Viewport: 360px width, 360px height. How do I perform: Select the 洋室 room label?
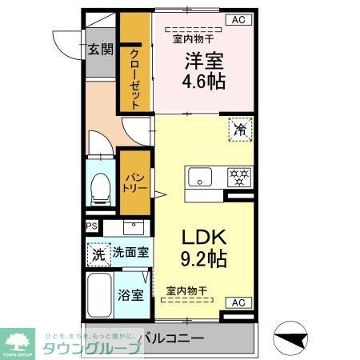(203, 61)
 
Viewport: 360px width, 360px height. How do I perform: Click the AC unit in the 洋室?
(238, 20)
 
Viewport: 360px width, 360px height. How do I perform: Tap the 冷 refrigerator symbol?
(238, 129)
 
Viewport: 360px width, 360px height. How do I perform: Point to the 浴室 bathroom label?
(132, 294)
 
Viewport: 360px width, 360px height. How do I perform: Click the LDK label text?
(203, 238)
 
